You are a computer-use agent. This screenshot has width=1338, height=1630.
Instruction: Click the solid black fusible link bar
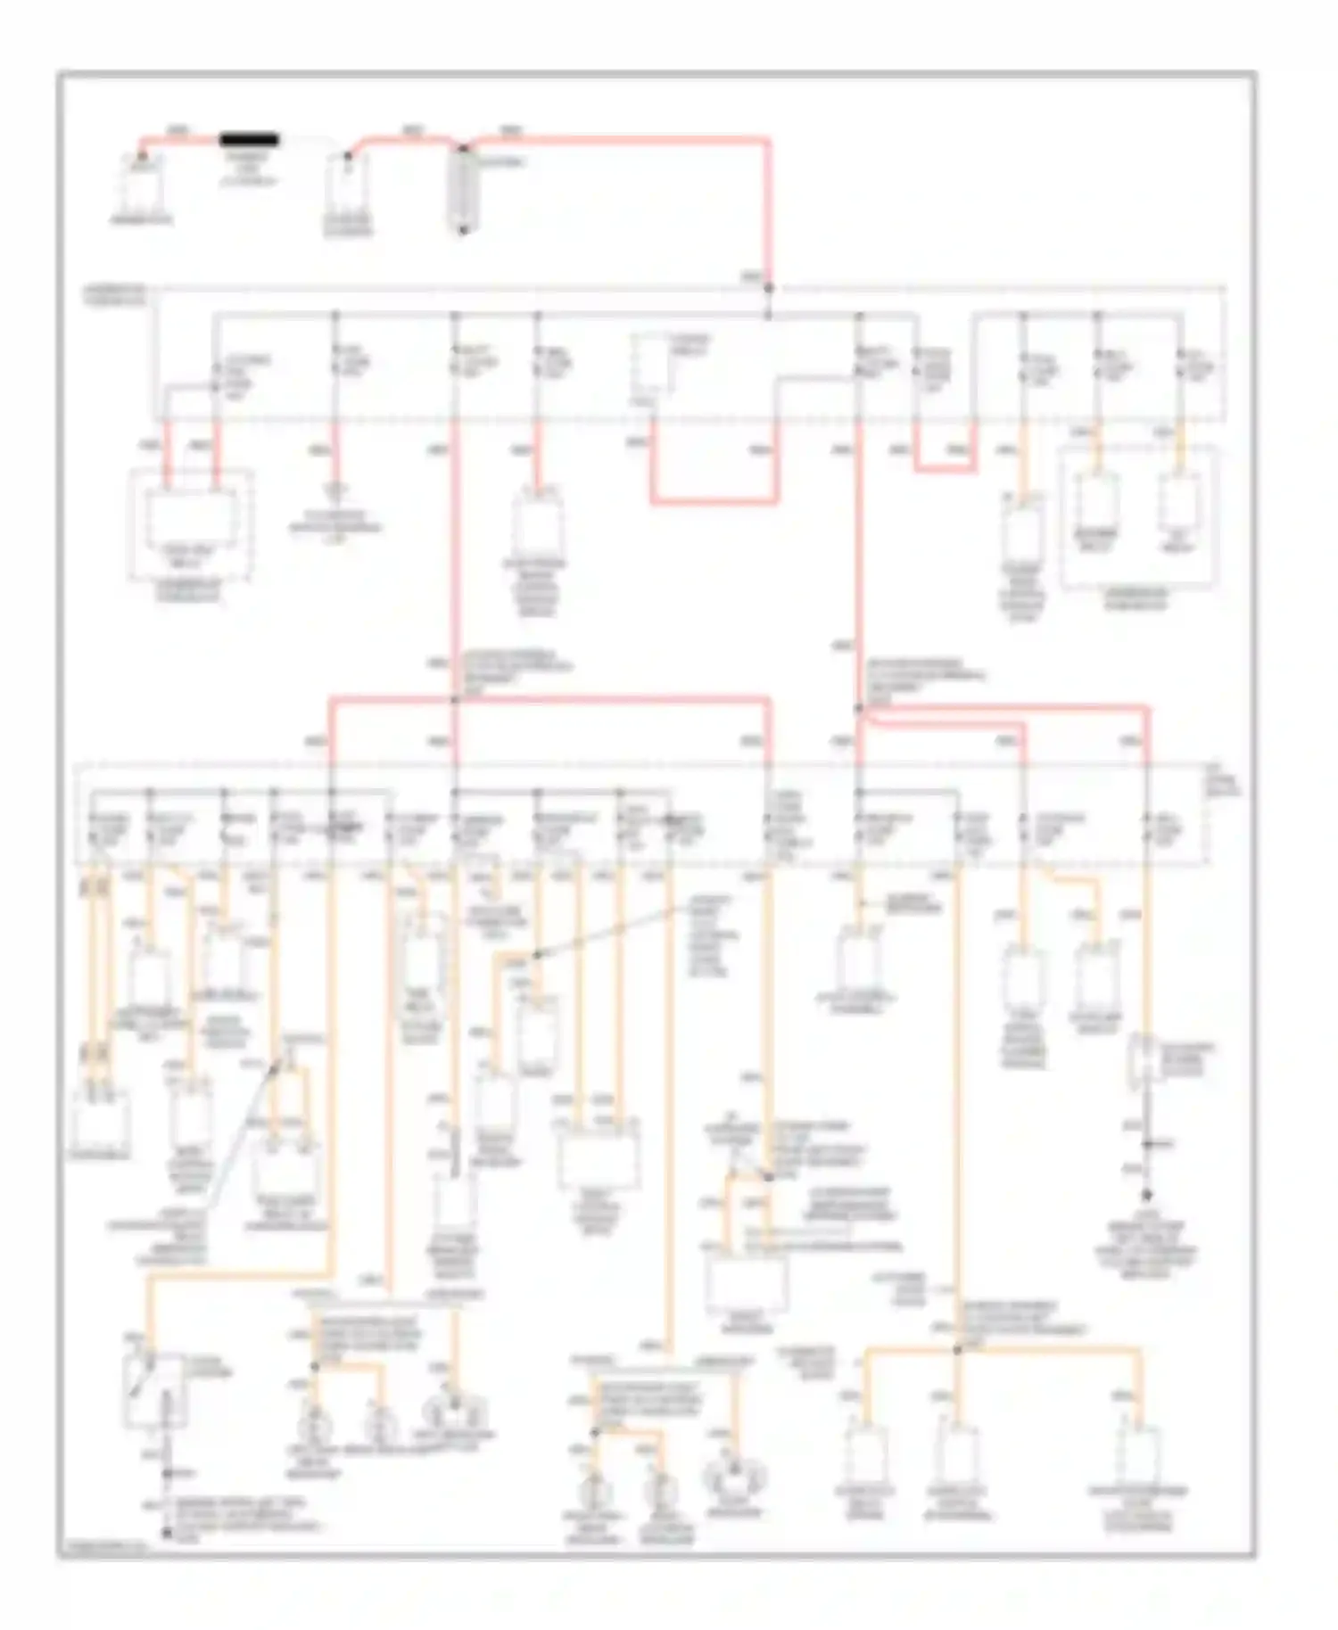click(250, 140)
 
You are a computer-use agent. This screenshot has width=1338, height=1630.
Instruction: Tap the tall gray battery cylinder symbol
click(464, 192)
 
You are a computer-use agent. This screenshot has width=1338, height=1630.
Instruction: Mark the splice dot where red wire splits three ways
click(455, 701)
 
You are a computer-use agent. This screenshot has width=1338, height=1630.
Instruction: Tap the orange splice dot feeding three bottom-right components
click(957, 1350)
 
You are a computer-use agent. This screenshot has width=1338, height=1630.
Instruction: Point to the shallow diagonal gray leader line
click(615, 932)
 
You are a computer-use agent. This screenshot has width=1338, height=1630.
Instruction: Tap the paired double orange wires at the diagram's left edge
click(97, 963)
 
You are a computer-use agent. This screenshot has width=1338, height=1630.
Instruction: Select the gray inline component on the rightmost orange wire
click(1143, 1061)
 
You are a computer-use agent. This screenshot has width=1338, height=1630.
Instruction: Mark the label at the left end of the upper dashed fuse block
click(115, 295)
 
